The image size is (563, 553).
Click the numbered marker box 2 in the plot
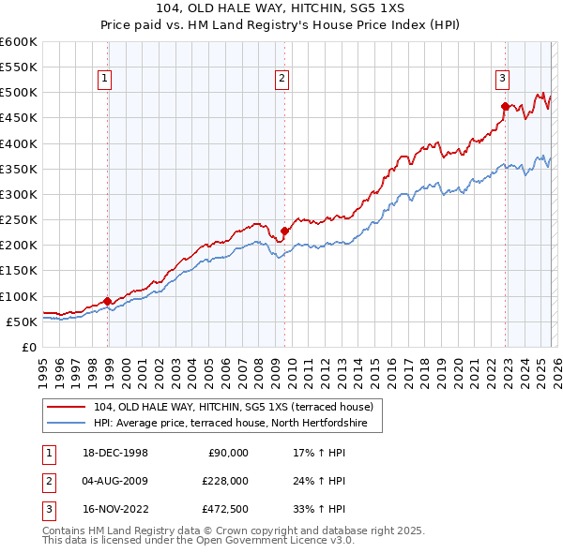click(x=281, y=79)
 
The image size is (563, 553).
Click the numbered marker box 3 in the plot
click(x=503, y=79)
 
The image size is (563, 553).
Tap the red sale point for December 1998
click(x=108, y=302)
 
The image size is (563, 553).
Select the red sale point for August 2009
click(x=284, y=231)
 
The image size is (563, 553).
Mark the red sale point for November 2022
click(x=505, y=107)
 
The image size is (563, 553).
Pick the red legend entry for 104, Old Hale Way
click(x=234, y=407)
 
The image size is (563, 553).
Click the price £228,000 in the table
click(x=225, y=481)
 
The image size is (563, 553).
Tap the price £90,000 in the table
click(x=228, y=452)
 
